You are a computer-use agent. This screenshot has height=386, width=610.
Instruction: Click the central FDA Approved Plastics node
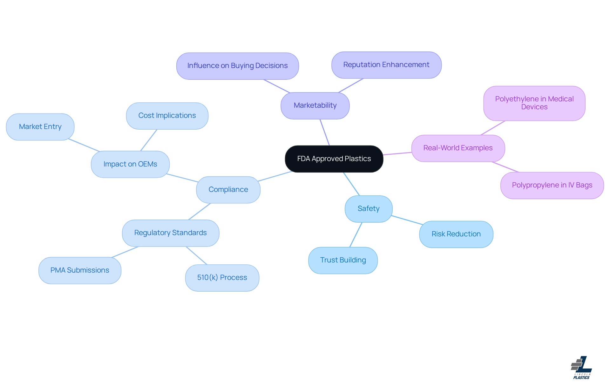tap(334, 159)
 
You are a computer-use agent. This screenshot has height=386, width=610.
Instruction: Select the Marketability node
tap(315, 105)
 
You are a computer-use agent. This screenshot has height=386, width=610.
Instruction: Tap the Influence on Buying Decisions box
tap(237, 66)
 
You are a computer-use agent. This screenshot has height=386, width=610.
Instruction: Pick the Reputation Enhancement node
tap(386, 65)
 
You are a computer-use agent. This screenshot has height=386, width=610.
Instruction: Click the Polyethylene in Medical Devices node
tap(534, 103)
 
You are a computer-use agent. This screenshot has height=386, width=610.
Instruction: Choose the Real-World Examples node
tap(458, 148)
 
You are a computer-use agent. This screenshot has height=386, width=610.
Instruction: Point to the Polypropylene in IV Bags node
tap(552, 185)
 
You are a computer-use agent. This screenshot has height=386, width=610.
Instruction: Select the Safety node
tap(369, 209)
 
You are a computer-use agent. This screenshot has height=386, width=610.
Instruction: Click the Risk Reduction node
tap(456, 234)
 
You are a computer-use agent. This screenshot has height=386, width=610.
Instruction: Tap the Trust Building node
tap(343, 260)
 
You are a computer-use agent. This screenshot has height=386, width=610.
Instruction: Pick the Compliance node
tap(228, 190)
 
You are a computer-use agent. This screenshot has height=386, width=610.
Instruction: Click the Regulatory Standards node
tap(170, 233)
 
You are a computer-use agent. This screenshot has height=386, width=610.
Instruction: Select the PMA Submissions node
tap(80, 270)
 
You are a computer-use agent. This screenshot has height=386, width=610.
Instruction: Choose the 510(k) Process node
tap(222, 278)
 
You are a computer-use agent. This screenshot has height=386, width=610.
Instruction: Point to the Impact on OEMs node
tap(130, 164)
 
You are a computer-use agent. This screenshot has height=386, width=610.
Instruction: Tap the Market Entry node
tap(40, 127)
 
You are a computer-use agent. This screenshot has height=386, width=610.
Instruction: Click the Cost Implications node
tap(167, 116)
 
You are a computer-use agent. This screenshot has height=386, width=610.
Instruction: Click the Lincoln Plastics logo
tap(581, 368)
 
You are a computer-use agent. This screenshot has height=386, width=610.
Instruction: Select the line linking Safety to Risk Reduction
tap(407, 220)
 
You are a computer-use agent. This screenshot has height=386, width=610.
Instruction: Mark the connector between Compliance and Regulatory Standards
tap(200, 212)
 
